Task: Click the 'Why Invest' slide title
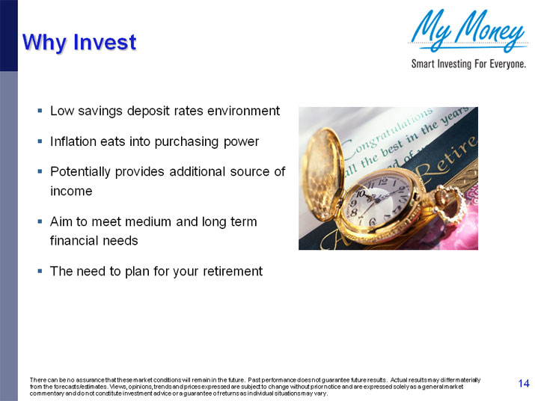[79, 42]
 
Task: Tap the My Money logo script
[468, 32]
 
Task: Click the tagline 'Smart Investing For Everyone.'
[468, 64]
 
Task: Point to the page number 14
[524, 384]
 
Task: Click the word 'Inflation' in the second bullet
[73, 141]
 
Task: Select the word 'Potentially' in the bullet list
[82, 171]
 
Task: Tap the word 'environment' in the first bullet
[243, 111]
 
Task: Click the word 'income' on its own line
[70, 191]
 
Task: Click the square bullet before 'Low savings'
[40, 111]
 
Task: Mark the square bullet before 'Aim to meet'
[40, 222]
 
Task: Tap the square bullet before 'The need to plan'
[40, 271]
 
